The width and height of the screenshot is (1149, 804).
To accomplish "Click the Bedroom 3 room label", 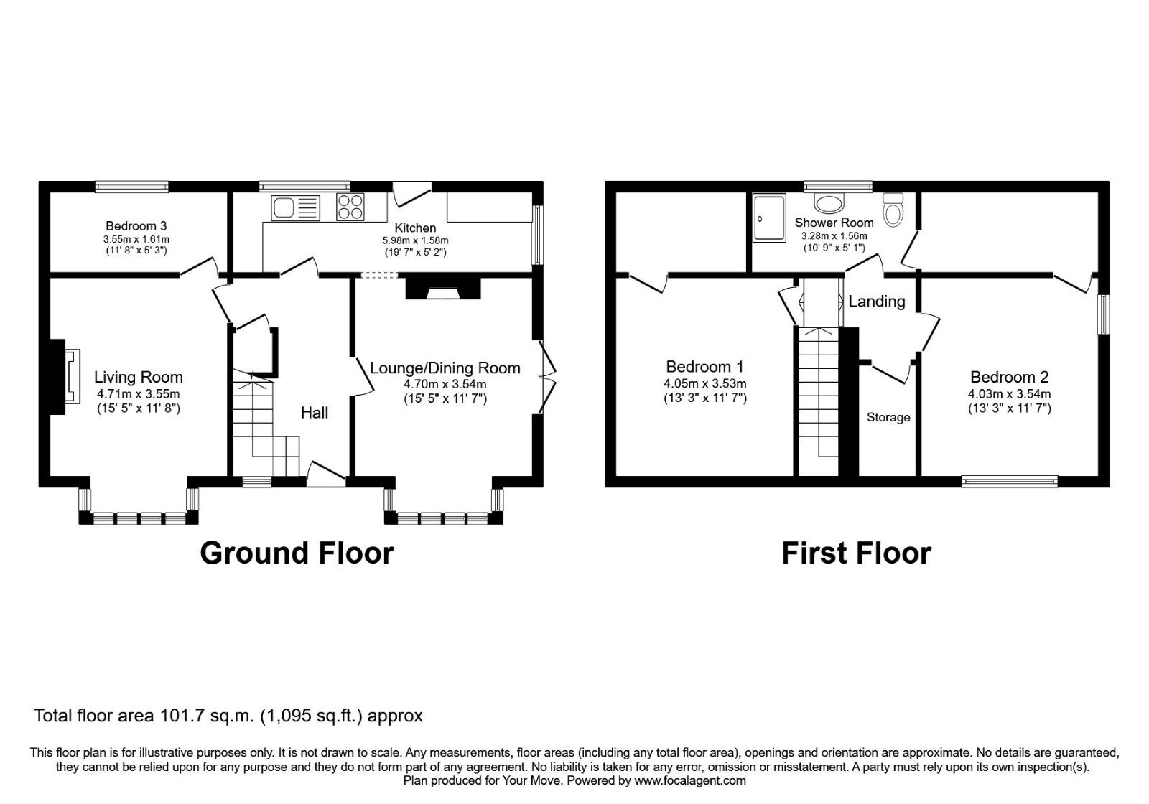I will tap(136, 225).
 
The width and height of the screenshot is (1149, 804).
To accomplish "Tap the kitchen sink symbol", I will tap(295, 208).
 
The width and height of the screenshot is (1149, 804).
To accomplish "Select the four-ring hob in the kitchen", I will tap(350, 207).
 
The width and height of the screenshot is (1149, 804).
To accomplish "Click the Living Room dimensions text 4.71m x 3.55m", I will tap(138, 393).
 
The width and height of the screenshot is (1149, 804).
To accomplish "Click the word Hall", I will tap(314, 412).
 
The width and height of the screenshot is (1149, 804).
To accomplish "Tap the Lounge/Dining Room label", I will tap(445, 368).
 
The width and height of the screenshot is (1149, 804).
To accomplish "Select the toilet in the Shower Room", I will tap(893, 210).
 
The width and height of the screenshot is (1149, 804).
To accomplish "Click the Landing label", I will tap(876, 301).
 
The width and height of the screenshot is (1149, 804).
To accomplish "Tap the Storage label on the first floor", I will tap(888, 417).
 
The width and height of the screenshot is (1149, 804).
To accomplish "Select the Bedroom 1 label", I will tap(704, 367).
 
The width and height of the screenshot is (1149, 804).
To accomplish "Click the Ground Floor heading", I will tap(297, 553).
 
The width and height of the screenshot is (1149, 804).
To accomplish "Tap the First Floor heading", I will tap(856, 553).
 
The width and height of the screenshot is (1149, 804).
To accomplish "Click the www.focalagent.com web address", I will tap(689, 780).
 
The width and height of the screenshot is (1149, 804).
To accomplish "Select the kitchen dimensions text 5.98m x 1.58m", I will tap(415, 240).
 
